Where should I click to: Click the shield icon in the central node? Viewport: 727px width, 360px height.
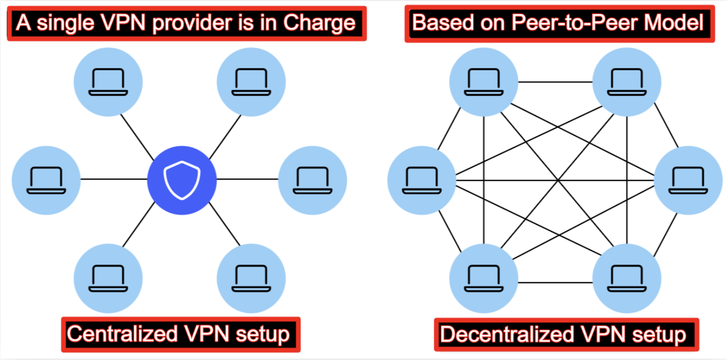coord(182,180)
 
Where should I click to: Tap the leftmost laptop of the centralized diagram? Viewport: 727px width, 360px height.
coord(46,180)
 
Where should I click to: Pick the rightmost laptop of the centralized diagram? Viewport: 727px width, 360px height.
coord(313,180)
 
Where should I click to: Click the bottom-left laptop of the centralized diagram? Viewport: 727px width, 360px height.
coord(108,278)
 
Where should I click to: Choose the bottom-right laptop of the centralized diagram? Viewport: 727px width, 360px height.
coord(251,278)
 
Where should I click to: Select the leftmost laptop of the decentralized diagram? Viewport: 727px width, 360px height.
coord(421,180)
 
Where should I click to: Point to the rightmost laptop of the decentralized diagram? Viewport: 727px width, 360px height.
coord(688,180)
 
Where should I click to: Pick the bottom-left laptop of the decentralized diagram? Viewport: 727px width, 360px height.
coord(483,278)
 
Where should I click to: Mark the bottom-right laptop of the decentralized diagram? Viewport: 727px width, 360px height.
coord(627,278)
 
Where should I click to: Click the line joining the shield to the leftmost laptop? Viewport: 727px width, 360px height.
coord(114,180)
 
